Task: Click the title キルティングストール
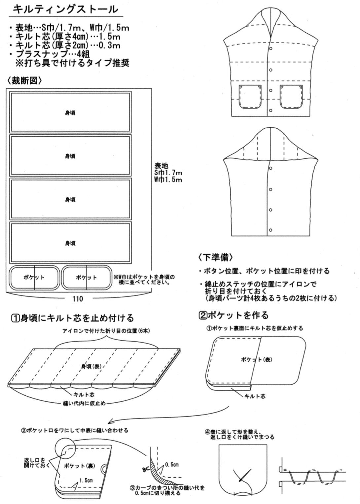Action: [65, 9]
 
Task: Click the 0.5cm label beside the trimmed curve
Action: [172, 465]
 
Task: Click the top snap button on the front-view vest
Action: [270, 49]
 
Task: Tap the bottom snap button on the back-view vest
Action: [270, 230]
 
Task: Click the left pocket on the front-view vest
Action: [250, 96]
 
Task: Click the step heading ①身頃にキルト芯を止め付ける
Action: [73, 318]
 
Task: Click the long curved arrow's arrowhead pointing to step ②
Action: [110, 422]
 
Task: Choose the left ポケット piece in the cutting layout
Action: [34, 278]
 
